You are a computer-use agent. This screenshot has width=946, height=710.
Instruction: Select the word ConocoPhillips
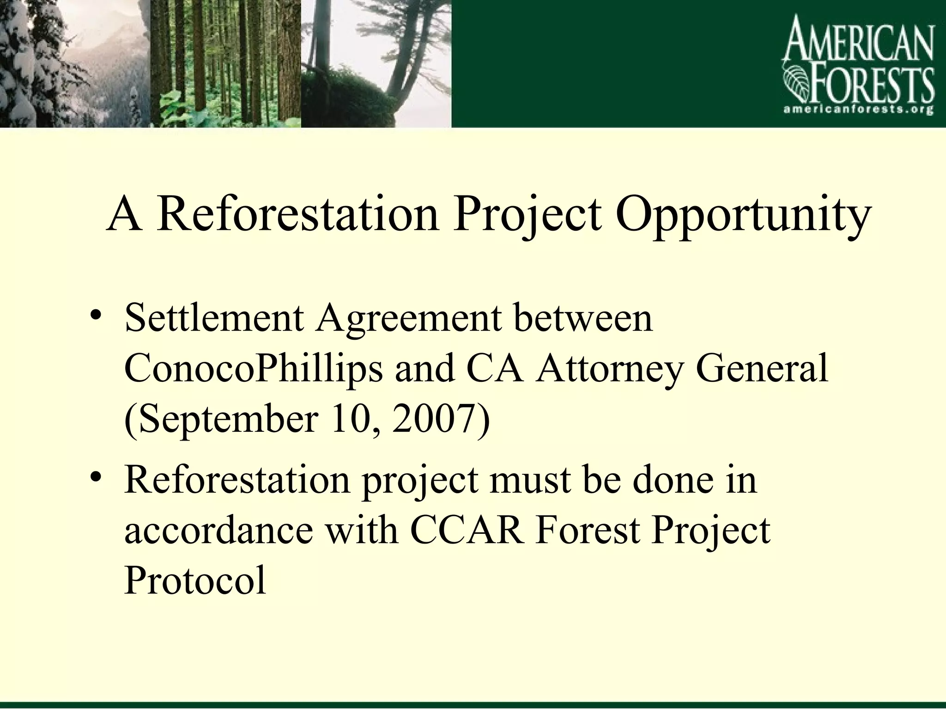coord(254,370)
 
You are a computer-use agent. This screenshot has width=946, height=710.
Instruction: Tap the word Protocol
coord(195,581)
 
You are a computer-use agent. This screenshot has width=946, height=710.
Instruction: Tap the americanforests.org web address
coord(859,110)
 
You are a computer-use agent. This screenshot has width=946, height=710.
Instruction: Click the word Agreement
coord(408,319)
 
